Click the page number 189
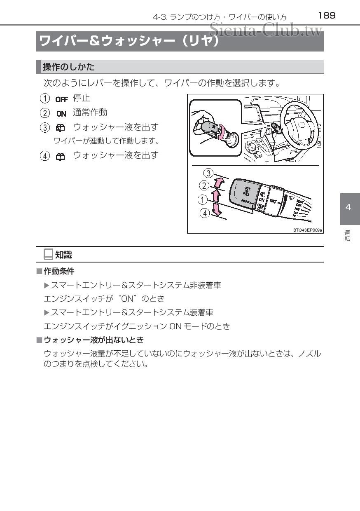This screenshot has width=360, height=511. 327,16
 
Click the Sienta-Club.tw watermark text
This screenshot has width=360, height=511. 265,30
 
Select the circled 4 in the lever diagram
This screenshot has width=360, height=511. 204,213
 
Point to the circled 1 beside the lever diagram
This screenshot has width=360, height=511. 202,200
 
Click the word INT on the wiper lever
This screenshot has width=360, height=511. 274,201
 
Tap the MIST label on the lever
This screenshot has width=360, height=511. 300,202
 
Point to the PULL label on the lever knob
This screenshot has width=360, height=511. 246,193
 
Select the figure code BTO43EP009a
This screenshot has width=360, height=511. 307,230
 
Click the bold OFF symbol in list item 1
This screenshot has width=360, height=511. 61,99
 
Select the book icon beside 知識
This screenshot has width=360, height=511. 48,255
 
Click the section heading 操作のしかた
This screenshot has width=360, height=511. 69,67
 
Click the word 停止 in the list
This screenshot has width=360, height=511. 82,98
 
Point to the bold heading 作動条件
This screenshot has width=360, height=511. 59,271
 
